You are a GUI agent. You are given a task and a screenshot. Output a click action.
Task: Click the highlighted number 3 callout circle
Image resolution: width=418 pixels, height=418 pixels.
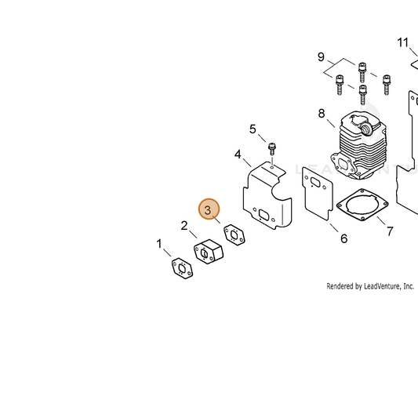(x=209, y=209)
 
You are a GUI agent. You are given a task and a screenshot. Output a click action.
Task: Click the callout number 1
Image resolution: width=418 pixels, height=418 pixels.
(x=159, y=244)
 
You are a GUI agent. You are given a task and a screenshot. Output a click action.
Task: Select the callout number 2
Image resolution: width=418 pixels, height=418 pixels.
(x=184, y=226)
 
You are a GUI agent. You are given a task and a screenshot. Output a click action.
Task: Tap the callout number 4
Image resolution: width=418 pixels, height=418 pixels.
(x=238, y=154)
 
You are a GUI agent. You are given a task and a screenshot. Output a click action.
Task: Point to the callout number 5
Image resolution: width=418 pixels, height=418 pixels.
(x=253, y=129)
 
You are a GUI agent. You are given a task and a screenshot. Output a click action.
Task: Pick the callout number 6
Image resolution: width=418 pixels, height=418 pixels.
(x=344, y=238)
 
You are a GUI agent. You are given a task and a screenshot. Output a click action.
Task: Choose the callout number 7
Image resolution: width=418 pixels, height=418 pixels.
(x=390, y=231)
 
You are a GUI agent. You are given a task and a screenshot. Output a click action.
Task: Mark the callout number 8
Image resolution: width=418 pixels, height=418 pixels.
(x=322, y=114)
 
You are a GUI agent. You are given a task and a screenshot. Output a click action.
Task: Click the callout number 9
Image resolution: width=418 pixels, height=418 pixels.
(x=321, y=57)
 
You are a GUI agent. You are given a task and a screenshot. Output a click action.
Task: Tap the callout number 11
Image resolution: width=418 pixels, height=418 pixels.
(x=402, y=42)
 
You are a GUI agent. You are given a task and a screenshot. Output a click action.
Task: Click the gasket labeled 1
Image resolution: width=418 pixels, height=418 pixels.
(x=182, y=268)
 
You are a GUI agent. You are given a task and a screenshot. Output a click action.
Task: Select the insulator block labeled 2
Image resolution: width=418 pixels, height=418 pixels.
(x=208, y=252)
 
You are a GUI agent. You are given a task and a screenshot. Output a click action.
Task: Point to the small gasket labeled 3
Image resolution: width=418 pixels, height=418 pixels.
(x=234, y=234)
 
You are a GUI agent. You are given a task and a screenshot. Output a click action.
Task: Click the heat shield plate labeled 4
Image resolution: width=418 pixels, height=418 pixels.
(x=267, y=196)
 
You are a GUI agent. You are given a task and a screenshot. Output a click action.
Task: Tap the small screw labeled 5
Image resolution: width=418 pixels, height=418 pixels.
(x=271, y=149)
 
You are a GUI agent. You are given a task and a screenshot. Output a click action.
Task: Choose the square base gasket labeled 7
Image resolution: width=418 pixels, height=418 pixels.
(x=362, y=205)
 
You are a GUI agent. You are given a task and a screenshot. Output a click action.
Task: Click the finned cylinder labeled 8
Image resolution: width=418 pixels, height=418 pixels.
(x=358, y=145)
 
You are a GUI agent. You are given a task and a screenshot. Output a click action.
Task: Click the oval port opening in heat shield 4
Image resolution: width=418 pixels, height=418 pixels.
(x=264, y=215)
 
